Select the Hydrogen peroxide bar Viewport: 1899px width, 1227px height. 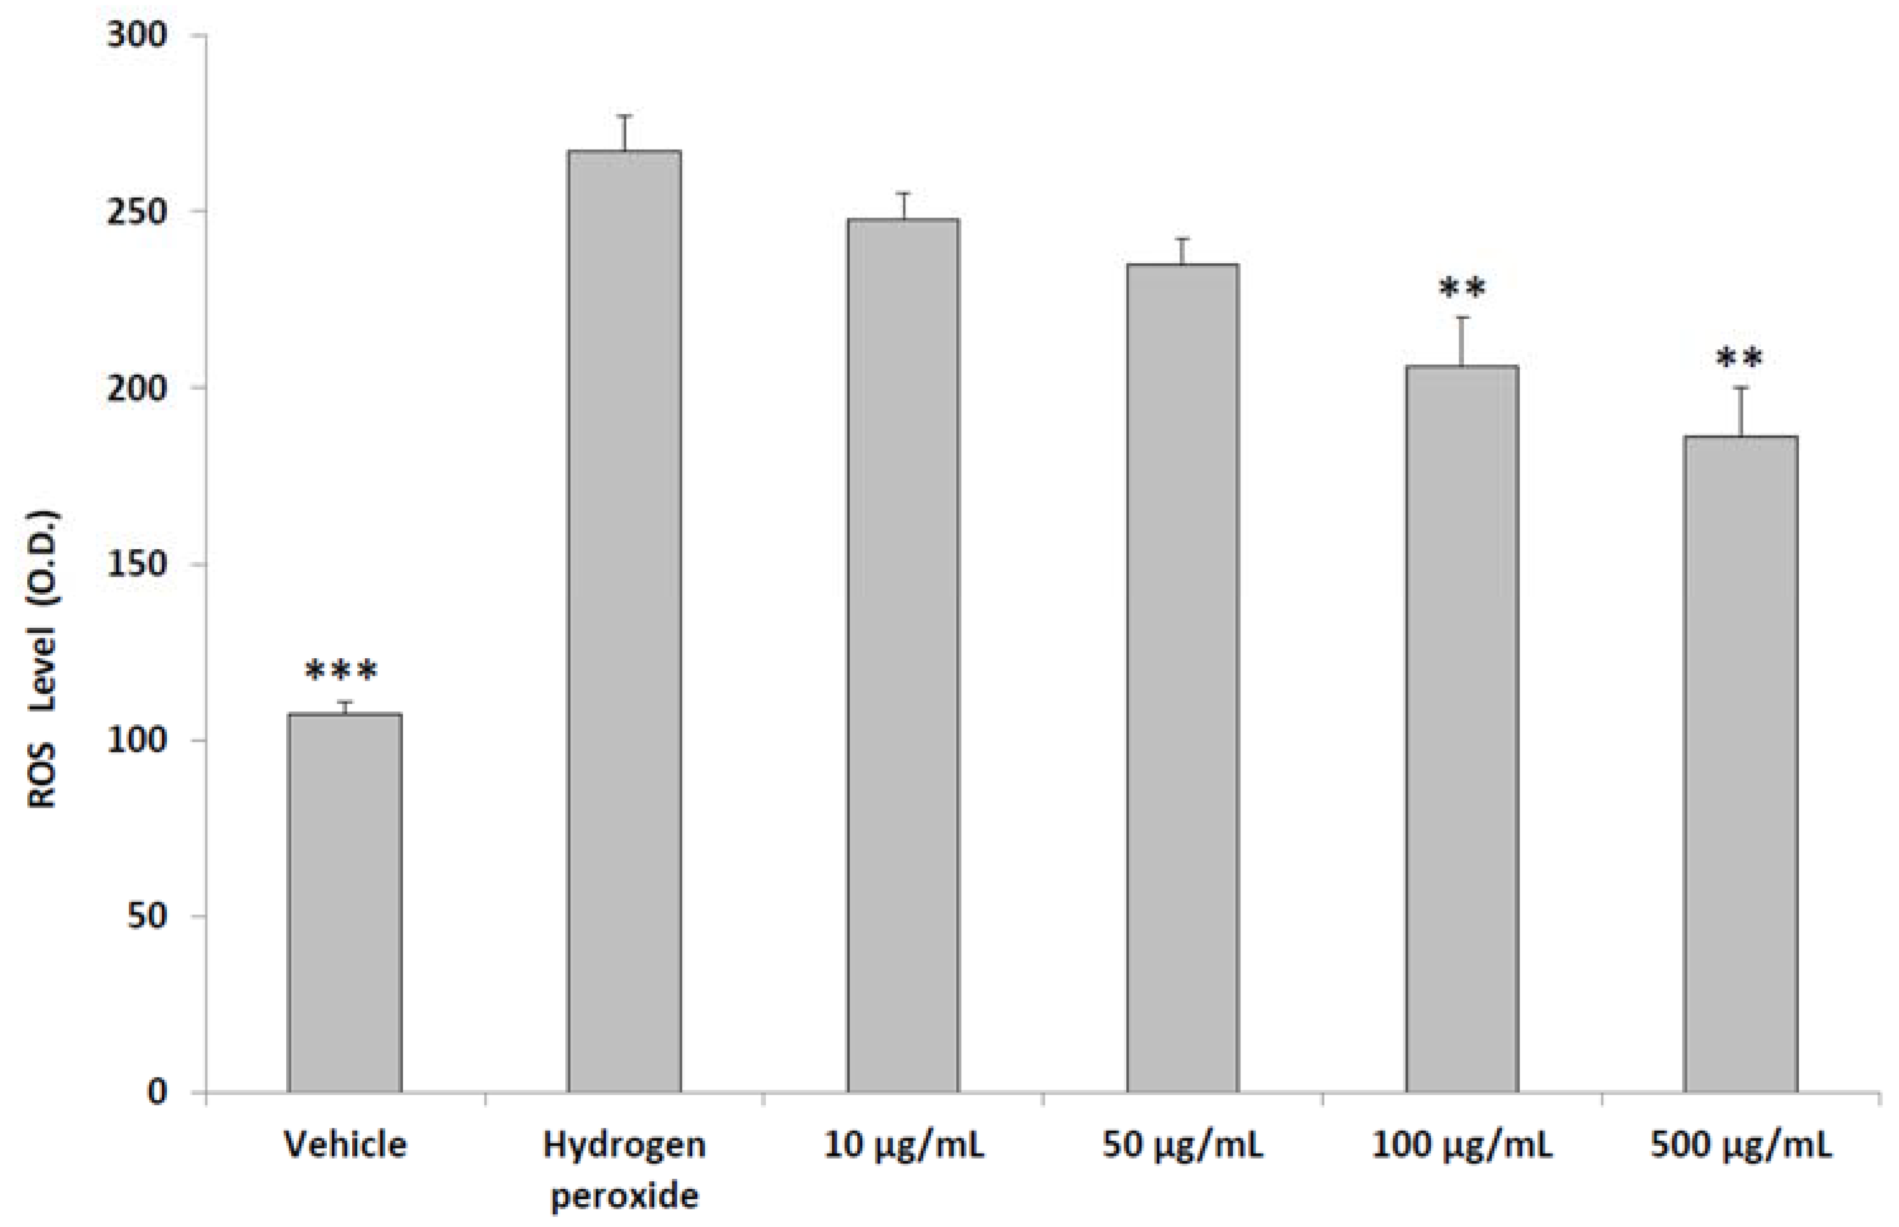(x=624, y=621)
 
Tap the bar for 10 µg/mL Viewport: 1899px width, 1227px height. (x=904, y=655)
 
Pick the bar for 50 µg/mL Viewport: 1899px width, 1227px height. (x=1182, y=677)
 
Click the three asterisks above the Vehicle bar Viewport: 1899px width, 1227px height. (x=341, y=672)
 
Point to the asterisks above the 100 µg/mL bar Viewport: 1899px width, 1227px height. (x=1462, y=289)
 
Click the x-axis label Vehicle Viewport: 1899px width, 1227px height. (x=345, y=1145)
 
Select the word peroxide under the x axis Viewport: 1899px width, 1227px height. (x=624, y=1196)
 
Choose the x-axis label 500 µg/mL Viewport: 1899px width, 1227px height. (x=1741, y=1145)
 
